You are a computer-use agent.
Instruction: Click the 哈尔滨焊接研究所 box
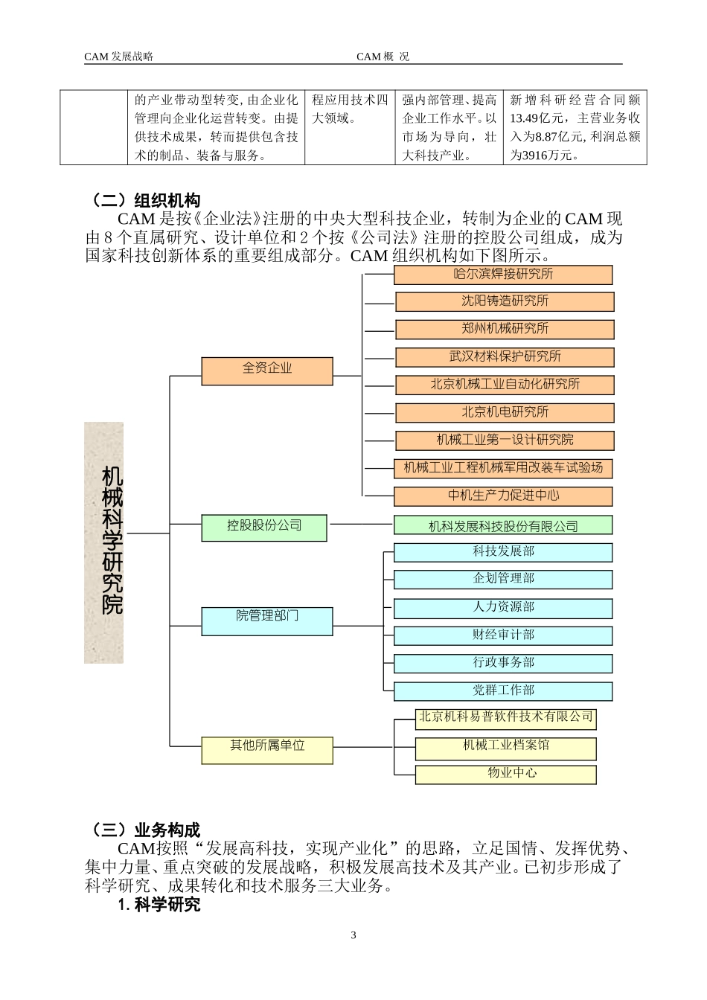coord(503,275)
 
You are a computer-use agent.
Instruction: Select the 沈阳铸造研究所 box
coord(505,301)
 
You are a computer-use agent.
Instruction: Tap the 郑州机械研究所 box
coord(505,329)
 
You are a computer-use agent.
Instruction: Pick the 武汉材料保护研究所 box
coord(505,357)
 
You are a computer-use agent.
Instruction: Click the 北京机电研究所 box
coord(505,412)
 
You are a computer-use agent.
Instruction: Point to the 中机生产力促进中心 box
coord(503,496)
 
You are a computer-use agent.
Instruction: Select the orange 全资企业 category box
coord(267,371)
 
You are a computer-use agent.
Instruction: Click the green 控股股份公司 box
coord(264,528)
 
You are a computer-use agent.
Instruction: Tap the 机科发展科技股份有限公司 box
coord(503,526)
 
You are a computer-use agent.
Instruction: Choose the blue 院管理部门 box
coord(267,621)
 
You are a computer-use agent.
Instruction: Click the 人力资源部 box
coord(503,608)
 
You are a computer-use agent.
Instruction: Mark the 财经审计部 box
coord(503,635)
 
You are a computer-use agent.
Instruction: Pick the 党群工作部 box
coord(503,691)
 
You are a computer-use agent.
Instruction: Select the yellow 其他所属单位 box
coord(267,750)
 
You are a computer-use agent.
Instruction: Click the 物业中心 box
coord(506,774)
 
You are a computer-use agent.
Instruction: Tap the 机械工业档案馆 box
coord(506,746)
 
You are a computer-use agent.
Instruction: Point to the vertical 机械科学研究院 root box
coord(104,542)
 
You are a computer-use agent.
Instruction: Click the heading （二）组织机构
coord(144,201)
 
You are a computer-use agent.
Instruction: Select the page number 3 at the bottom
coord(353,935)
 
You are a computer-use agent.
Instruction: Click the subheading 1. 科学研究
coord(159,906)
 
